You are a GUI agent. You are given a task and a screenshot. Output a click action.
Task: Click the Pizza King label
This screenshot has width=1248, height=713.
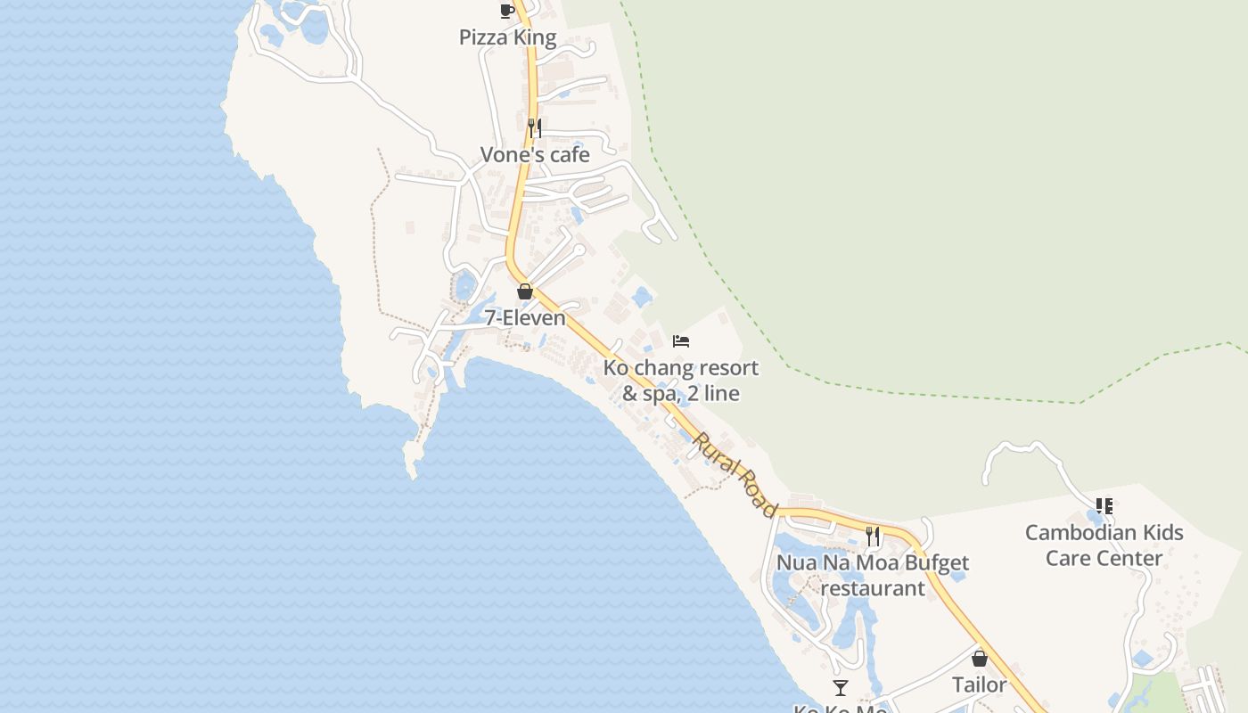point(507,37)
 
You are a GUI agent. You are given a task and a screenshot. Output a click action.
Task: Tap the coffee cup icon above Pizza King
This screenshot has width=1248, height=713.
point(507,11)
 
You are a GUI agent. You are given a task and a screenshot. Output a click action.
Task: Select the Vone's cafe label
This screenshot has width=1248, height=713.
point(535,155)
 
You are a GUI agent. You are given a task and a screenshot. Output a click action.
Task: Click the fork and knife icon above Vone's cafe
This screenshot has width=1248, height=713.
point(534,127)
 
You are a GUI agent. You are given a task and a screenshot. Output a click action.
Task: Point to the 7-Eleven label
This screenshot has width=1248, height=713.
point(525,318)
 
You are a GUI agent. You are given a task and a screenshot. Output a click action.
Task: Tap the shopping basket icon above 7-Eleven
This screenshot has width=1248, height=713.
point(525,291)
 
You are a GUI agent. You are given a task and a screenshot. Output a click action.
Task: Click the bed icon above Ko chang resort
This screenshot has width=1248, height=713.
point(681,341)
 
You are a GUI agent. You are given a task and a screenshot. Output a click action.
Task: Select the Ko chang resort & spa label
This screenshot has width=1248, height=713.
point(681,381)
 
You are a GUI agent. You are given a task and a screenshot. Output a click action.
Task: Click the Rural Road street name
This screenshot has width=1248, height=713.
point(735,474)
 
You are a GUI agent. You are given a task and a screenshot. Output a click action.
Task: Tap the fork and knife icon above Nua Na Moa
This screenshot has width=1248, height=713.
point(873,536)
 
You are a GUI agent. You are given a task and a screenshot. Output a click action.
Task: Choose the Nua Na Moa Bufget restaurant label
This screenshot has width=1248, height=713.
point(873,576)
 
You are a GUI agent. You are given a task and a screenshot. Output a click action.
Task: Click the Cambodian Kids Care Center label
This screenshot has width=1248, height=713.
point(1104,545)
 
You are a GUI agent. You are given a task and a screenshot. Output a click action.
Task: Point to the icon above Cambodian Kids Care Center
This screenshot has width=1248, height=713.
point(1104,506)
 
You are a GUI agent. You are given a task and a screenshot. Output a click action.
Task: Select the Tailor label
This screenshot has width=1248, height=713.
point(980,685)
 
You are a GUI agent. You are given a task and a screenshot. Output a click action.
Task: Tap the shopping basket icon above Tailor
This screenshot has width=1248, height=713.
point(980,659)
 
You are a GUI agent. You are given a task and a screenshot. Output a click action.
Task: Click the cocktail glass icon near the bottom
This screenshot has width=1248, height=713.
point(841,687)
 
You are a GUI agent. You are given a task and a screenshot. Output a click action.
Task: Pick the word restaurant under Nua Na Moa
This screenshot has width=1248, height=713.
point(873,589)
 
